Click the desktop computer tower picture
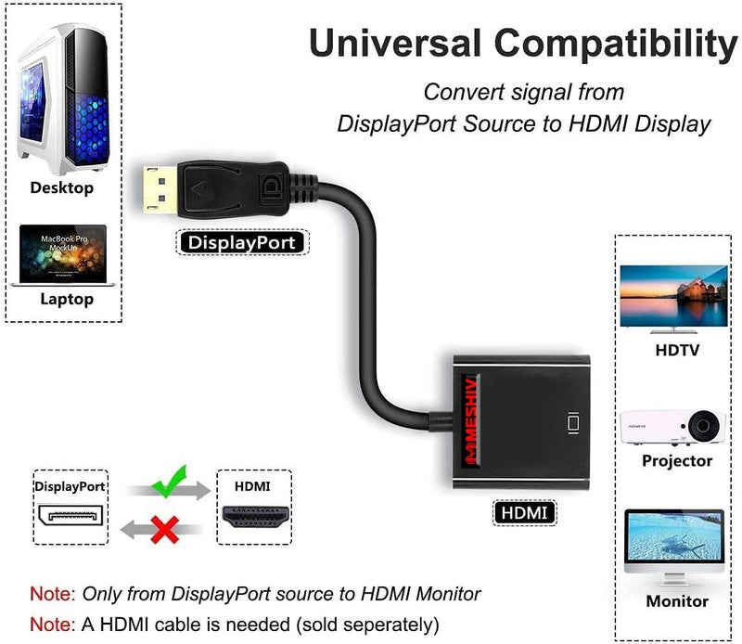tap(63, 93)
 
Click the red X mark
tap(165, 531)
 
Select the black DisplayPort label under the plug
tap(242, 243)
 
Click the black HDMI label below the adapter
tap(523, 511)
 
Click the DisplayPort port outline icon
tap(70, 516)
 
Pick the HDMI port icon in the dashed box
tap(253, 518)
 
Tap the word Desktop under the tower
tap(62, 188)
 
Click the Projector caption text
tap(677, 461)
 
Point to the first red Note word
tap(53, 594)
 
